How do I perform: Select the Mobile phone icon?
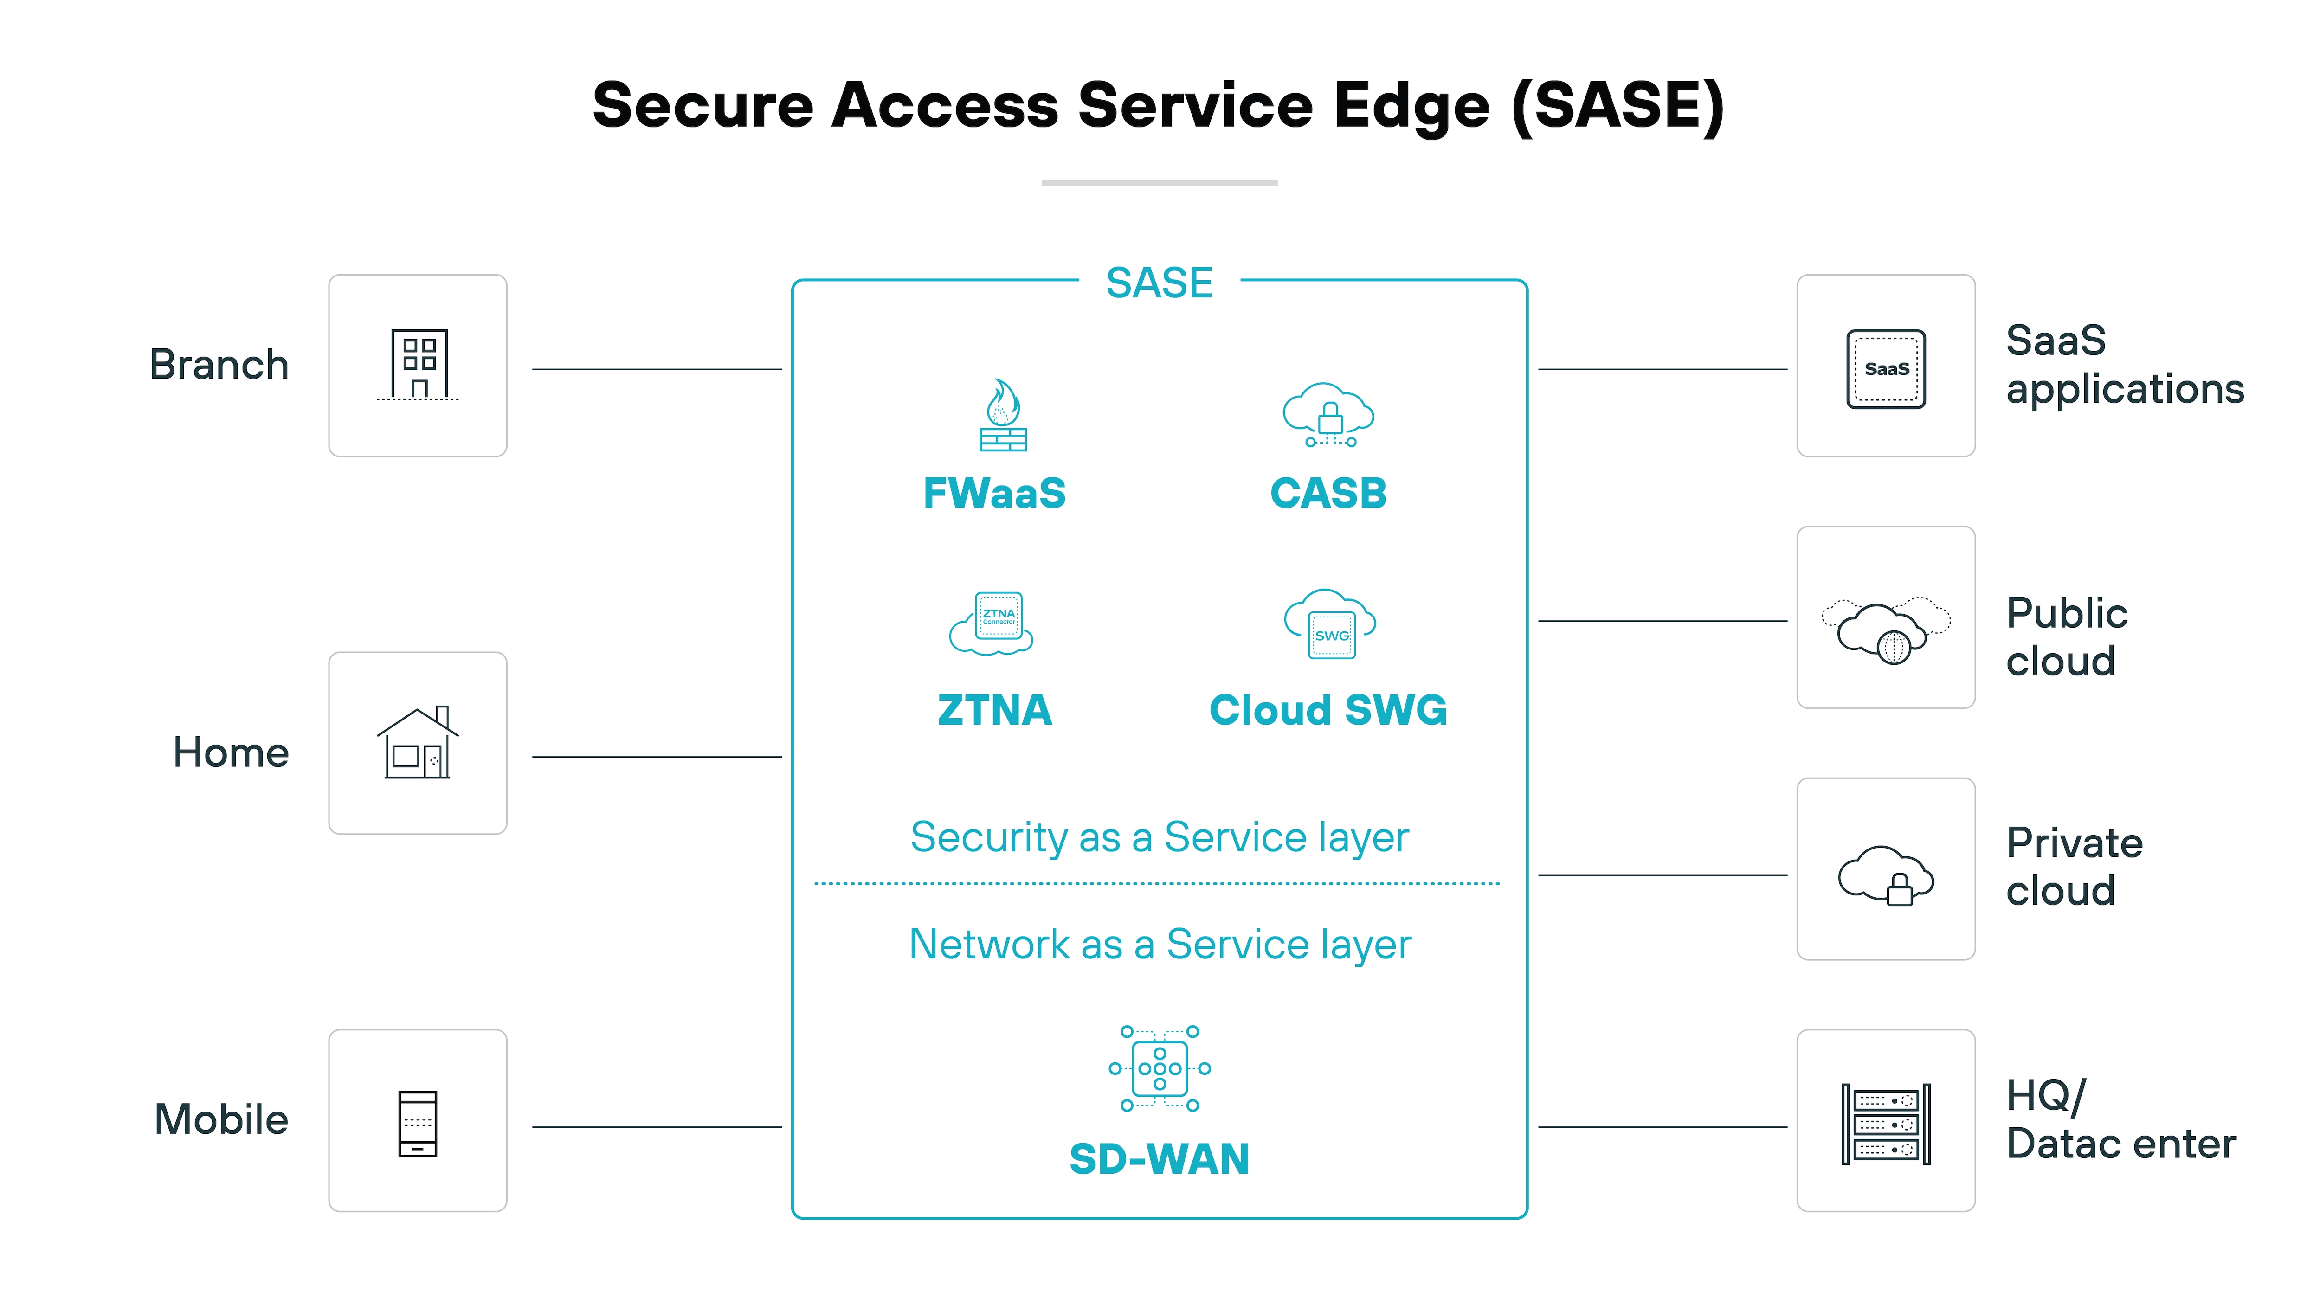[x=418, y=1123]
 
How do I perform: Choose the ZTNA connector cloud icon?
[x=992, y=622]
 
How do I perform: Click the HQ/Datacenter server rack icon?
[x=1886, y=1124]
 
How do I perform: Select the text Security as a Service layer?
[x=1159, y=837]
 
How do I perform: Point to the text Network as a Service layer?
[x=1159, y=945]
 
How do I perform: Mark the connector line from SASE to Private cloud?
[x=1663, y=874]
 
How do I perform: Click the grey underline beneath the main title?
[x=1159, y=183]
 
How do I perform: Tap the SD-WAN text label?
[x=1159, y=1159]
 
